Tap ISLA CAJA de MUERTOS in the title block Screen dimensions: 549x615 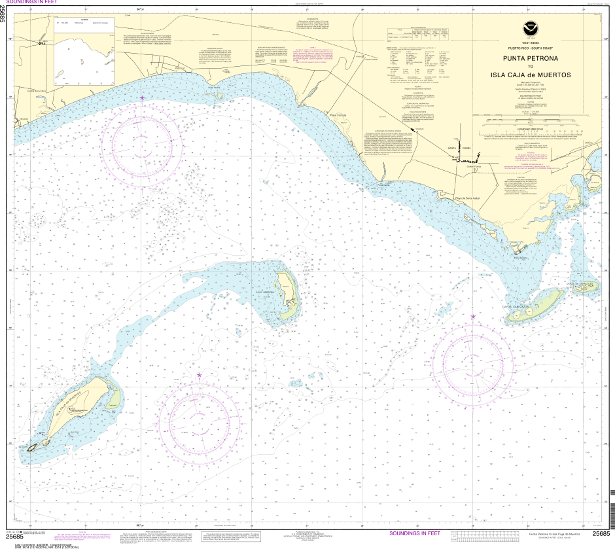point(530,75)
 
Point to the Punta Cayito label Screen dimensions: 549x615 point(383,185)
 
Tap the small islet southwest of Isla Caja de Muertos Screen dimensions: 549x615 point(31,446)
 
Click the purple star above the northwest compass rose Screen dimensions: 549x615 point(143,98)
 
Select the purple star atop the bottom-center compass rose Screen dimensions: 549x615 point(199,376)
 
